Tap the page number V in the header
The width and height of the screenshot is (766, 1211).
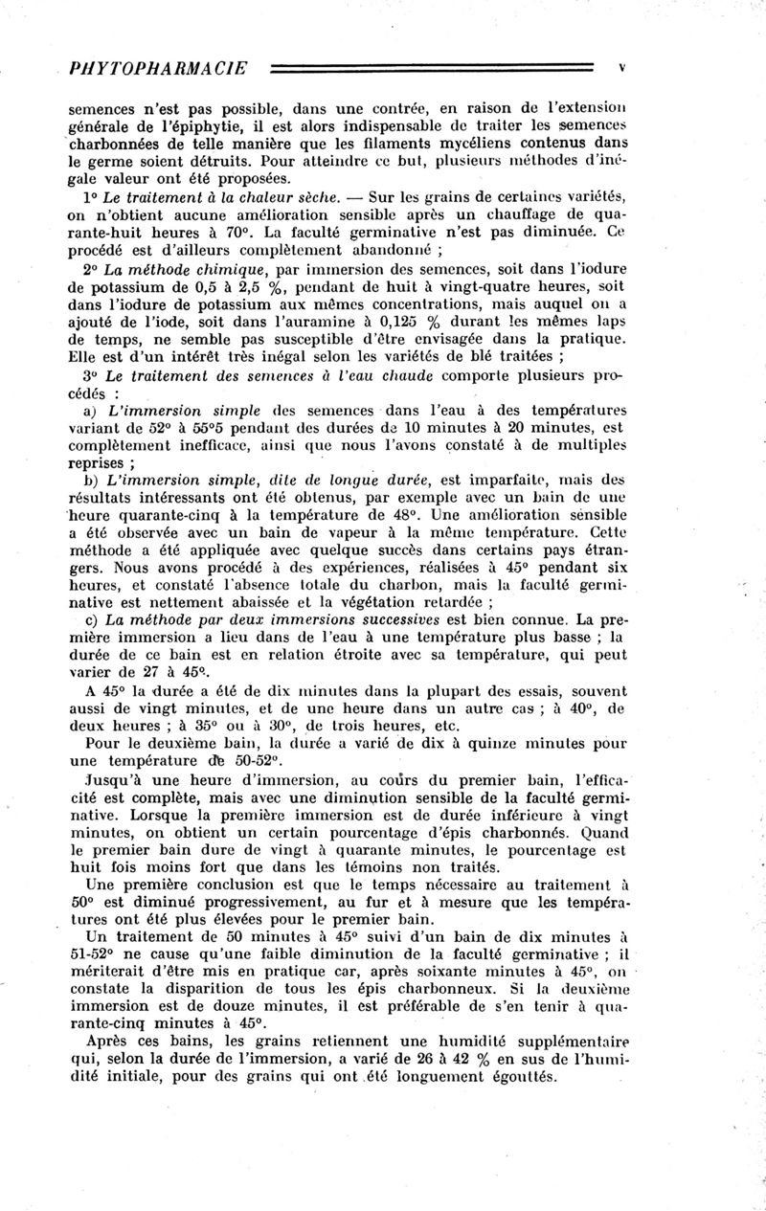(622, 68)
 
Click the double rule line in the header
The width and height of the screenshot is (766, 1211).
(431, 69)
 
